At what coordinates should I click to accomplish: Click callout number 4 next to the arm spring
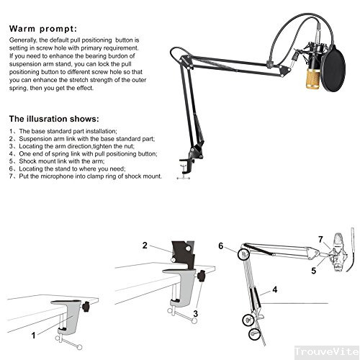point(274,290)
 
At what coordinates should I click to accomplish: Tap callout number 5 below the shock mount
point(313,271)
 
